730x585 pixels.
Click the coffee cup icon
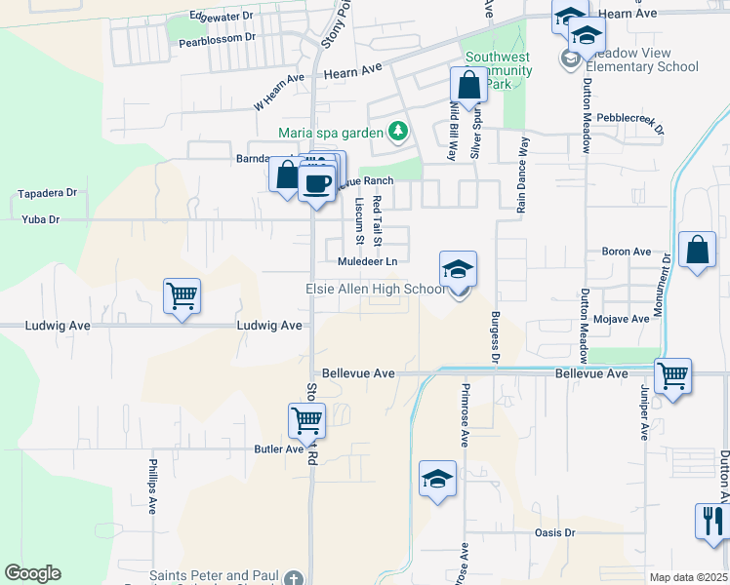coord(316,183)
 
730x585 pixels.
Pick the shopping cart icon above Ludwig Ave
coord(182,296)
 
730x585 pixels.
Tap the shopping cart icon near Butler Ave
coord(306,421)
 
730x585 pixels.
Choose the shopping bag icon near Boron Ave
coord(698,251)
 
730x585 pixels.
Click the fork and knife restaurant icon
coord(711,520)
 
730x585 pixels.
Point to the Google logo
coord(32,573)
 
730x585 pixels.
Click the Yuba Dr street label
coord(41,219)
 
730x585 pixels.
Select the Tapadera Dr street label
coord(47,193)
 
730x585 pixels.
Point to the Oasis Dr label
coord(555,533)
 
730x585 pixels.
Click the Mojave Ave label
coord(626,319)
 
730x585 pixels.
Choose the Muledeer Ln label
coord(367,261)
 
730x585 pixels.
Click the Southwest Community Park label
coord(499,70)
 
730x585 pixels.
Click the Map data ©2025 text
coord(687,577)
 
